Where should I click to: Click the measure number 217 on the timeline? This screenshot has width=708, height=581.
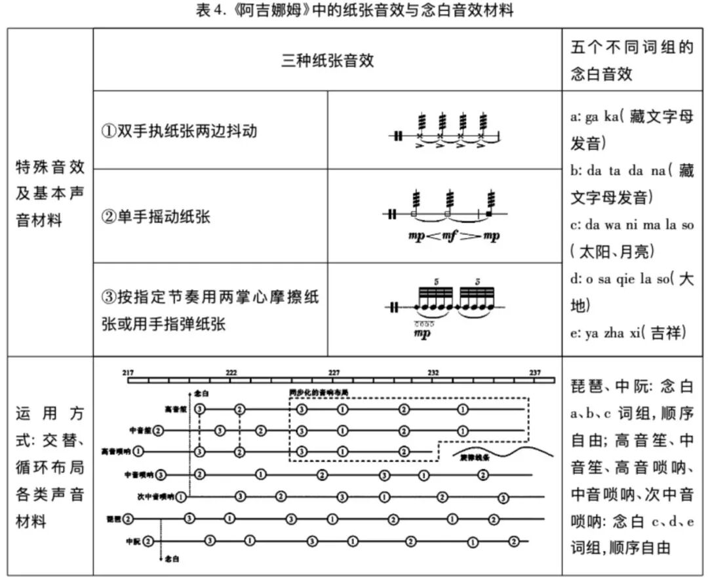128,372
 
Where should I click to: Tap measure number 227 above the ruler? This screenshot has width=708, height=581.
334,372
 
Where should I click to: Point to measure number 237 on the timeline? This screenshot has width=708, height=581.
536,372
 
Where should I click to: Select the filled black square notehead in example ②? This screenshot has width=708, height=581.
489,213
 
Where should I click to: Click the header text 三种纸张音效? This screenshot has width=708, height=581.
327,60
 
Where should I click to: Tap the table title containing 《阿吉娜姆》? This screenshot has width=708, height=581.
355,10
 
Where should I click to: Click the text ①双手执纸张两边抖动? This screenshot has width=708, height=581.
178,130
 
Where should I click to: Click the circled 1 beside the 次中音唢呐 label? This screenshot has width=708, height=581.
180,496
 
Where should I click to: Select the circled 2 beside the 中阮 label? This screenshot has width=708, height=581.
148,541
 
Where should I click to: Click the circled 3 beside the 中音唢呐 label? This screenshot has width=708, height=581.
161,474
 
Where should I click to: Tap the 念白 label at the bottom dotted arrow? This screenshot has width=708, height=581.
172,559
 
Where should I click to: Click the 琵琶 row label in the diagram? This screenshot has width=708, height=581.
114,519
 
